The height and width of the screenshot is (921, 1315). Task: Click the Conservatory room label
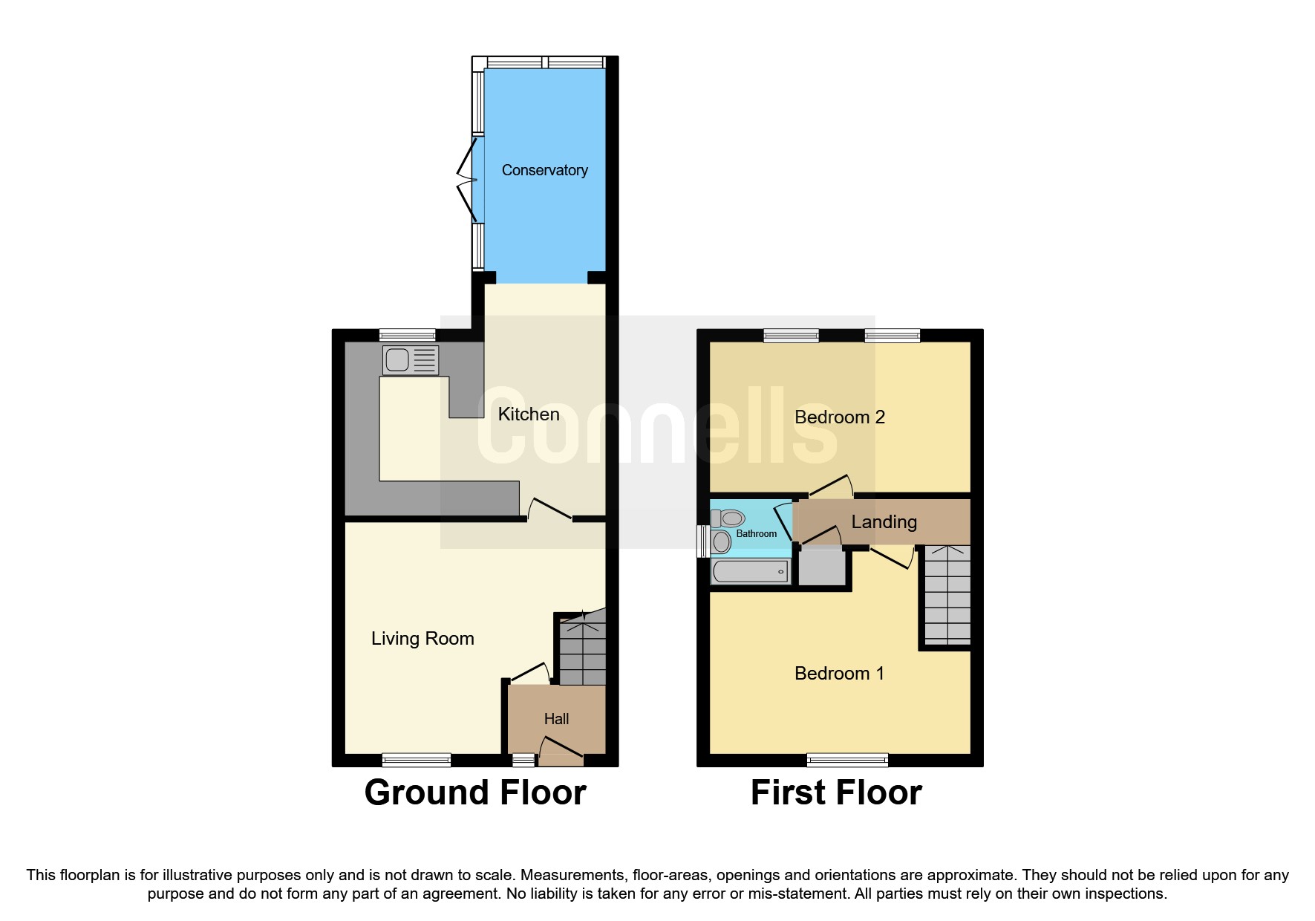(544, 170)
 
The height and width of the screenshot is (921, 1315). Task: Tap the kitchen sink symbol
(410, 360)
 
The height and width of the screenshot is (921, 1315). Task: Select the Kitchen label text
(528, 414)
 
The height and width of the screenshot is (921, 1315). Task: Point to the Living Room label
(422, 639)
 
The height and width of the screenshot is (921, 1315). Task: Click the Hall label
(556, 719)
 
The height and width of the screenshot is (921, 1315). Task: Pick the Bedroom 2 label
(839, 417)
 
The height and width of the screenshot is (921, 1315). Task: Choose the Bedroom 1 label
(839, 674)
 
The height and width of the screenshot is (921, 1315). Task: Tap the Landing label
(884, 522)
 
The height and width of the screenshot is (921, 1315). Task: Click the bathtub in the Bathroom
(750, 571)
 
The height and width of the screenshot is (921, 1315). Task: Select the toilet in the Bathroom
(728, 518)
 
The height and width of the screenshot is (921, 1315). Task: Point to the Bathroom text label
(756, 534)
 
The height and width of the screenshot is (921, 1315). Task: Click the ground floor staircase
(582, 648)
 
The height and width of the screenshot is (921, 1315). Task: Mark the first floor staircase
(947, 595)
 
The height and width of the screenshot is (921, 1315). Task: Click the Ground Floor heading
(475, 793)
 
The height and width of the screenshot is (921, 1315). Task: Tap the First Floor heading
(836, 793)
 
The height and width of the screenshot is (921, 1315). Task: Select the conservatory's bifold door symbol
(468, 180)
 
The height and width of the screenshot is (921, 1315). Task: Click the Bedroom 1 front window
(847, 760)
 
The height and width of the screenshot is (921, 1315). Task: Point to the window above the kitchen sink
(407, 335)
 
